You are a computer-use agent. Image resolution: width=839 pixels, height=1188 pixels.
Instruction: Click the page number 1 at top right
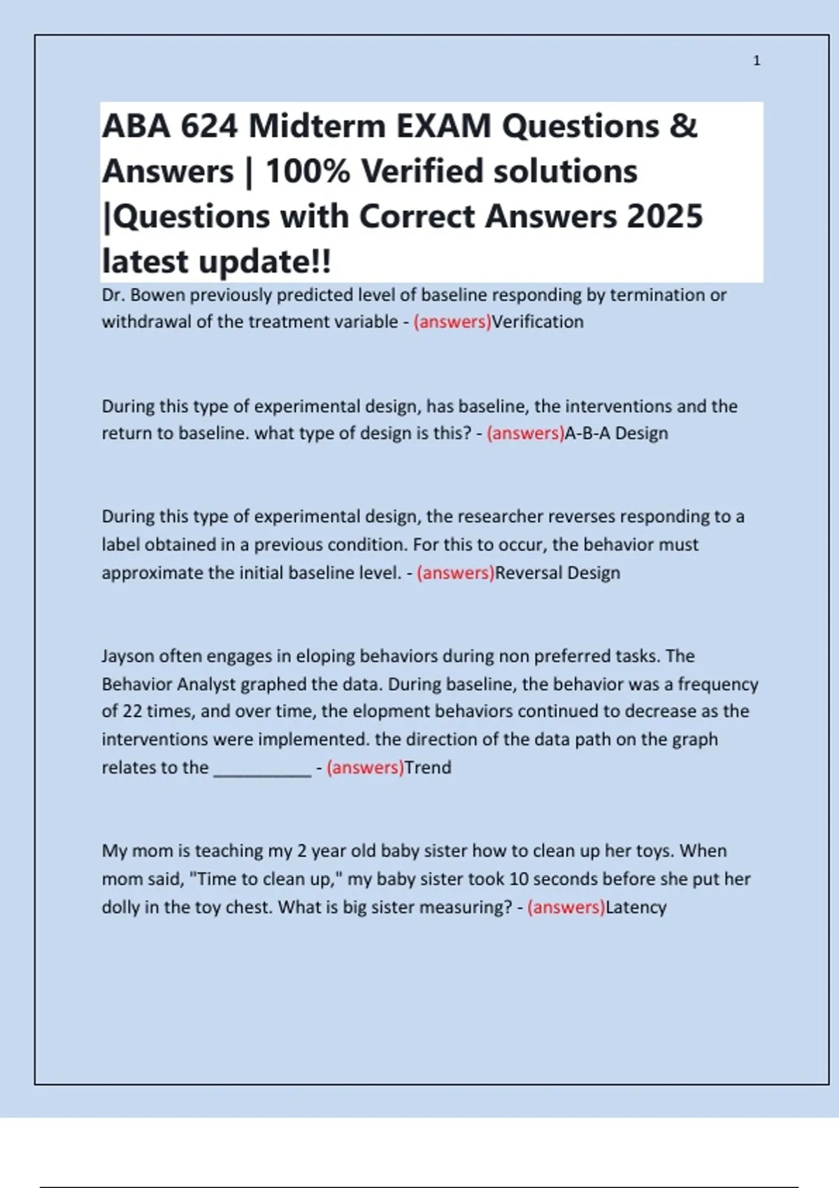[756, 61]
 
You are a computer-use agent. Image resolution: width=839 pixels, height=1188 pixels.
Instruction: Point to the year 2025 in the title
[665, 217]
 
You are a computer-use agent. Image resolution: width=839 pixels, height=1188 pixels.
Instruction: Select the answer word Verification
[538, 322]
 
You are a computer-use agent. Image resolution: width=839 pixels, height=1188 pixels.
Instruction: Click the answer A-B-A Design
[616, 433]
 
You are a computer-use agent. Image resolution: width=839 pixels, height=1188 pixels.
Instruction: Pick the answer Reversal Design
[557, 573]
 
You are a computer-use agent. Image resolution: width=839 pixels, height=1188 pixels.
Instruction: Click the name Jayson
[128, 656]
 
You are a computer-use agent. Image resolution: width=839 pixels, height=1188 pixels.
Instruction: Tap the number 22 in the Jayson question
[132, 711]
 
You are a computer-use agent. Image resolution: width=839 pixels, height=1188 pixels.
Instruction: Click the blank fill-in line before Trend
[262, 769]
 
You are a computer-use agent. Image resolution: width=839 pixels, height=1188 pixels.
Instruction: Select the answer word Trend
[428, 767]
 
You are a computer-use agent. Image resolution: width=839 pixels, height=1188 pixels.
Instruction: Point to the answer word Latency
[636, 907]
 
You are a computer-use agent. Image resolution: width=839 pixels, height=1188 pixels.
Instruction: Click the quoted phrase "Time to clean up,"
[265, 879]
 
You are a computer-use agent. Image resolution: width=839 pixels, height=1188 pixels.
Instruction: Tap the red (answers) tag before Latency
[566, 907]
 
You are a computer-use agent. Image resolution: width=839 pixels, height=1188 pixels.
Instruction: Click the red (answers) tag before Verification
[452, 322]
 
